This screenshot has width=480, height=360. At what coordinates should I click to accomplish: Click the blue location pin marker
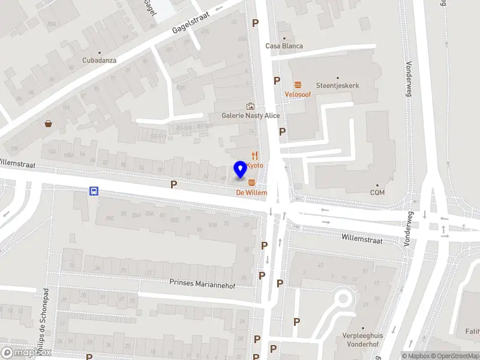pos(240,169)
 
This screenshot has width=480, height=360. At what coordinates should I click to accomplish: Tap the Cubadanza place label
pos(100,60)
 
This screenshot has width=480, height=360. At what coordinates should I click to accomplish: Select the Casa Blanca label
pos(284,46)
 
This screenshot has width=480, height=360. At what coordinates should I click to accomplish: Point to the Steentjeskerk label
pos(337,85)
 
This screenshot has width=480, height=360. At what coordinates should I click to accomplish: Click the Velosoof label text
pos(297,95)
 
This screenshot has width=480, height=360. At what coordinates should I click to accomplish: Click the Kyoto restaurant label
pos(254,164)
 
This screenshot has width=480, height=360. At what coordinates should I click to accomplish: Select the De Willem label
pos(251,193)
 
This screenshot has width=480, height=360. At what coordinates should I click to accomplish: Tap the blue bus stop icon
pos(94,191)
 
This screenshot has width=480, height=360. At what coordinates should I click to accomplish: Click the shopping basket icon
pos(48,124)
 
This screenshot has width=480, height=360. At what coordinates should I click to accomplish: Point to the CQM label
pos(377,193)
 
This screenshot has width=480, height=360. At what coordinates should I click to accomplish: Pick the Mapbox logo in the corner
pos(26,352)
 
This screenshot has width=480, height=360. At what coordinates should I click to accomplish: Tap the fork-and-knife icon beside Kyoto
pos(255,155)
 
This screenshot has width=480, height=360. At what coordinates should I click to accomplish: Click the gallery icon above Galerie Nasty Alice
pos(250,106)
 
